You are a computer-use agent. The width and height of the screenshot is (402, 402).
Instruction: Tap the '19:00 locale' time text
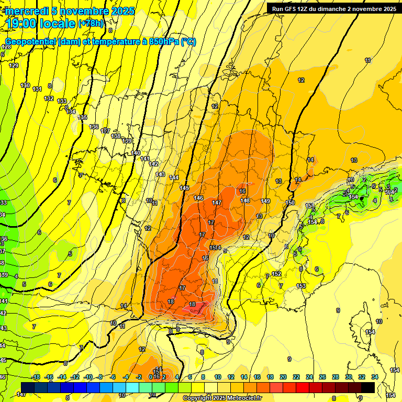pos(40,23)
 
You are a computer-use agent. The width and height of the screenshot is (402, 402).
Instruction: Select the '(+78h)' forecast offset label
pos(91,24)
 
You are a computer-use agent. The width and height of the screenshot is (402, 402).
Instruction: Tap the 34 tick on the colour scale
pos(374,377)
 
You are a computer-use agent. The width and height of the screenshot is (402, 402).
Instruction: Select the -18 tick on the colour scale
pos(36,377)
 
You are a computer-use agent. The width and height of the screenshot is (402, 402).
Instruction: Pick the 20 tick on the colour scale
pos(283,377)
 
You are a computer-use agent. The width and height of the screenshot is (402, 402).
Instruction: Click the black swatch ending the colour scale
pos(367,387)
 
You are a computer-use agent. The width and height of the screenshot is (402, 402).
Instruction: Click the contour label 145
pos(184,188)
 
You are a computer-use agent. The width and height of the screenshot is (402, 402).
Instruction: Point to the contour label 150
pos(291,203)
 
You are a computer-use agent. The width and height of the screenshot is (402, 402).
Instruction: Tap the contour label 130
pos(25,85)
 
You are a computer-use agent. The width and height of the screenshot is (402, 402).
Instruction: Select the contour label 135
pos(83,118)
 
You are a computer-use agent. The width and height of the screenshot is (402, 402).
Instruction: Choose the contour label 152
pos(276,274)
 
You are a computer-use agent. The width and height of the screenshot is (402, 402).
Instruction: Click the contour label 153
pos(301,285)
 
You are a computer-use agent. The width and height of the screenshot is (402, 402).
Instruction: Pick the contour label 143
pos(160,174)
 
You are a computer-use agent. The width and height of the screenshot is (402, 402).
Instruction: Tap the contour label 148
pos(245,200)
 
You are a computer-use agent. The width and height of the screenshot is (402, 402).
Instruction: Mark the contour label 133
pos(62,101)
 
